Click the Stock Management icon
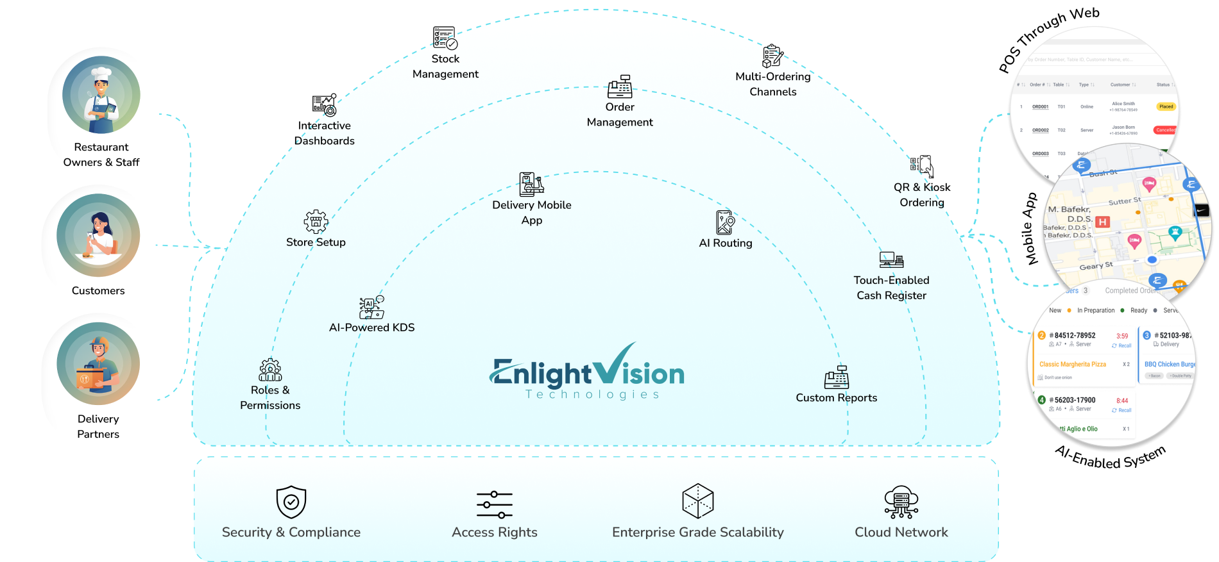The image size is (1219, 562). point(445,39)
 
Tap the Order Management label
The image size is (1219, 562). point(620,115)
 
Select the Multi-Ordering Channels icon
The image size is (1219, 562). point(771,56)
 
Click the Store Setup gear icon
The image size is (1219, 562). point(316,222)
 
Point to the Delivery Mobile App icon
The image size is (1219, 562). point(531,184)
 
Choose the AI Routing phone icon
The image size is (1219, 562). point(725,222)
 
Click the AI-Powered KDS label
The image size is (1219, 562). point(371,327)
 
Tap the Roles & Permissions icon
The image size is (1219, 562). point(270,370)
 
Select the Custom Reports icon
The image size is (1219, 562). point(837,377)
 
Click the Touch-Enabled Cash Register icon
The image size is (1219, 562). point(891,260)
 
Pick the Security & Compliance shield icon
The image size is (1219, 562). point(291,502)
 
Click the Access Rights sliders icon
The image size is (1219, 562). point(495,504)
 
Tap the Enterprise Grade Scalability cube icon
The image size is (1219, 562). point(698,501)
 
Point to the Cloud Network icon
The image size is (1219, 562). point(901,502)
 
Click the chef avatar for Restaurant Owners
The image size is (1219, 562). point(101,95)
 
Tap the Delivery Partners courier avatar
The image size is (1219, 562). point(98,364)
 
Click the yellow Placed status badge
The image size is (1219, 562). point(1166,106)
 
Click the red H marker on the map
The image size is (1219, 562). point(1102,222)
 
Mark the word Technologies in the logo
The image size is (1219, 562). point(592,395)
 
